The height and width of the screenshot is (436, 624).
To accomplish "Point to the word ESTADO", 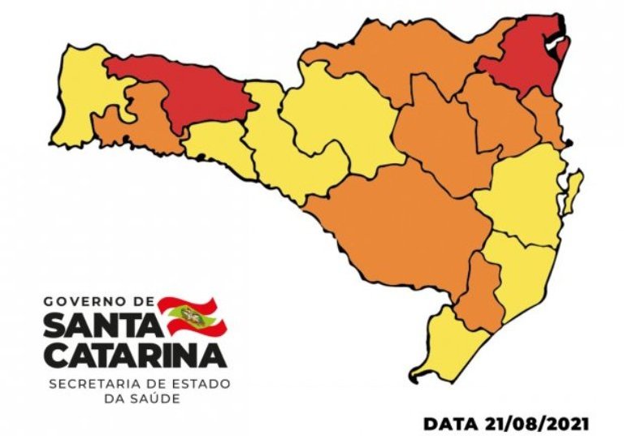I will (203, 382).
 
